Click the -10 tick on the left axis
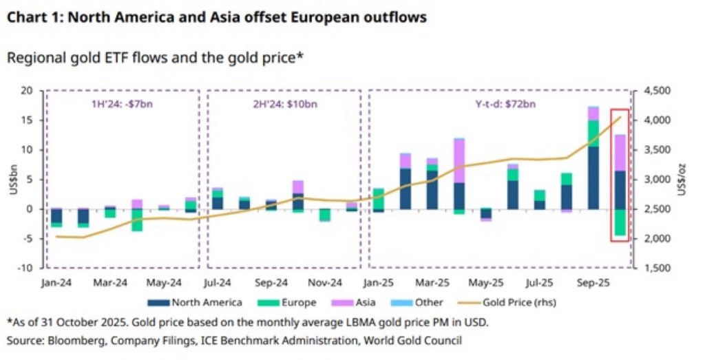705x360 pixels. click(27, 268)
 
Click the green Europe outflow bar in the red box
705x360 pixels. click(620, 222)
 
